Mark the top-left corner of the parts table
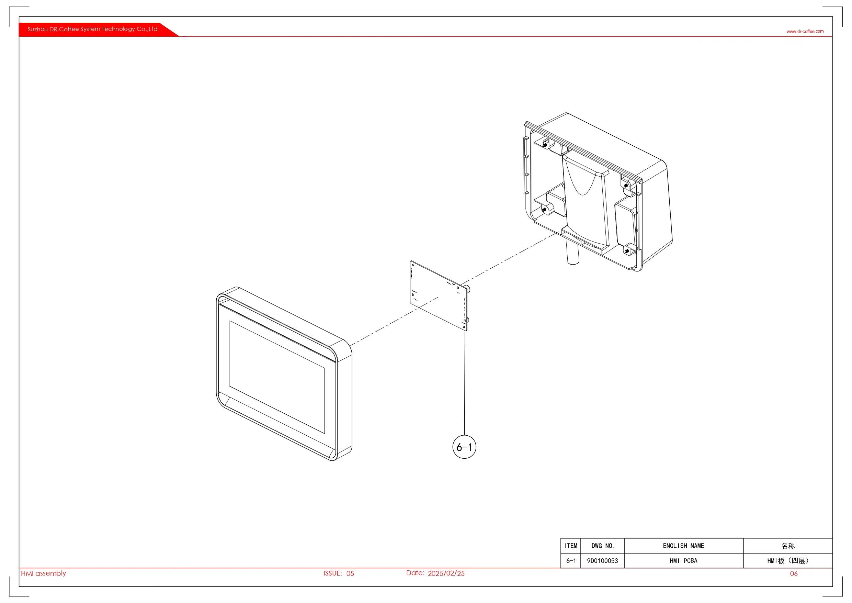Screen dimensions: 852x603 click(x=561, y=538)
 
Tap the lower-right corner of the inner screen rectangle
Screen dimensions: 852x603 click(x=325, y=434)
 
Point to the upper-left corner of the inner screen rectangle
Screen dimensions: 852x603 click(x=230, y=321)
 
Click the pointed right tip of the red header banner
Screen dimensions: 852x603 click(x=179, y=36)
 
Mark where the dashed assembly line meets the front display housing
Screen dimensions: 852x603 click(x=350, y=346)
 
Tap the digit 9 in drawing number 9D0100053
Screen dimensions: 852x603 click(x=589, y=561)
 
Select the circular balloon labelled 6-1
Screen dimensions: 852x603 click(x=464, y=447)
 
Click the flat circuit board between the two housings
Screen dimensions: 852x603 click(x=439, y=295)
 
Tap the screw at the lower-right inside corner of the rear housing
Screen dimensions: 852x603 click(x=627, y=252)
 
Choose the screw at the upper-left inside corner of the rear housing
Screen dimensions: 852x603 click(x=545, y=145)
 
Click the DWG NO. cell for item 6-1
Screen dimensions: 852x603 click(x=603, y=561)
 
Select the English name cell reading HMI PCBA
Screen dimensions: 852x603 click(x=683, y=561)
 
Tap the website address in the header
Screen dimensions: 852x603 click(x=805, y=31)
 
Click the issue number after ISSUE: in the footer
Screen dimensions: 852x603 click(x=350, y=573)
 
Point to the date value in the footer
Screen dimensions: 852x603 click(x=446, y=573)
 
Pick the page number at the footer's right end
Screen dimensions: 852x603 click(x=794, y=574)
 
